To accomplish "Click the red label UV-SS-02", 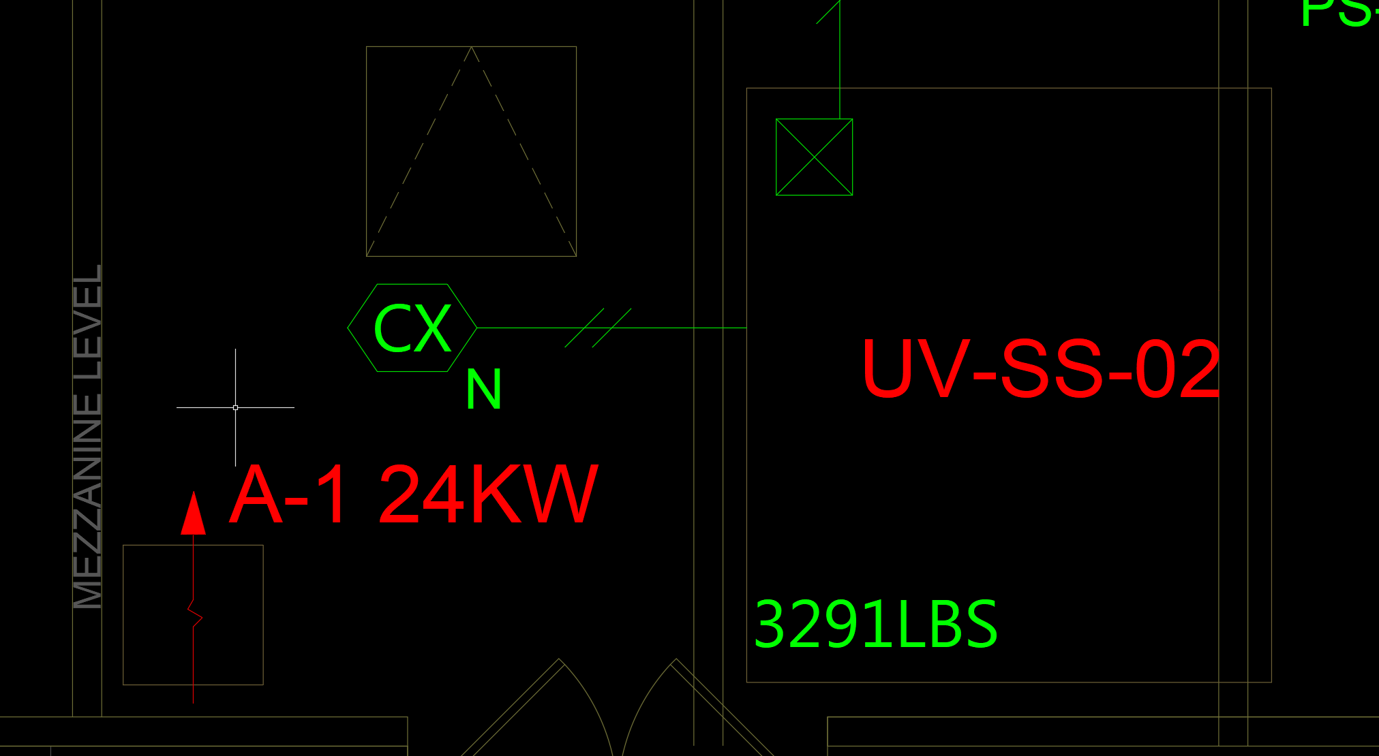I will click(x=1040, y=370).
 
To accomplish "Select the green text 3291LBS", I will click(x=875, y=625).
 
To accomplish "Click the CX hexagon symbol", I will click(x=412, y=328).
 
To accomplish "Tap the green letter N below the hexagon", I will click(x=483, y=390).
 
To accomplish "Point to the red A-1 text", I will click(x=291, y=495).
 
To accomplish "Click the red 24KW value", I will click(x=488, y=495).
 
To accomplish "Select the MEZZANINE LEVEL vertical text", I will click(x=88, y=436).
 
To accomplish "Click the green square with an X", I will click(x=814, y=157).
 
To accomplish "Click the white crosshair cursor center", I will click(x=235, y=407).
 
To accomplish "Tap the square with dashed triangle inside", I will click(x=471, y=151).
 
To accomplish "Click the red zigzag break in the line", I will click(x=195, y=613).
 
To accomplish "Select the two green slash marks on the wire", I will click(x=598, y=328).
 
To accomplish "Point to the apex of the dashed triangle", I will click(x=471, y=48).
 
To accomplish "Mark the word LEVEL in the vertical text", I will click(x=88, y=321).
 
